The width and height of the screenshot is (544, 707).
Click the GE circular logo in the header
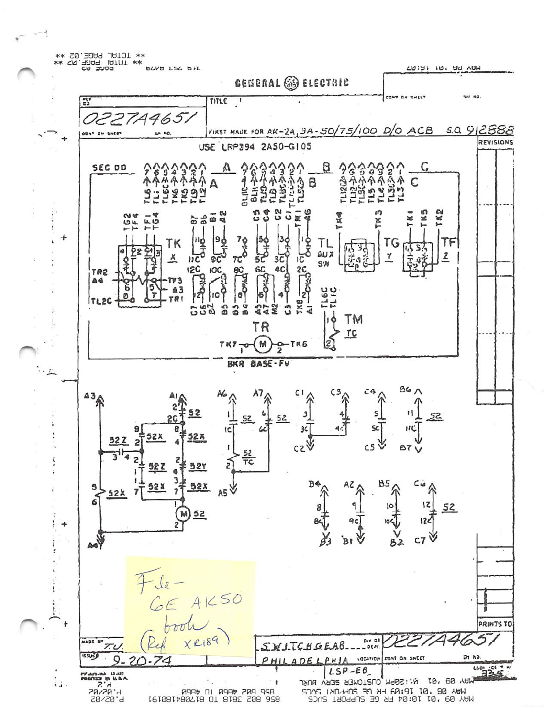point(291,83)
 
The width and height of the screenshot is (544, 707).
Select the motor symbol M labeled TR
point(262,344)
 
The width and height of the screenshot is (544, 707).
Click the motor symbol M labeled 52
point(183,513)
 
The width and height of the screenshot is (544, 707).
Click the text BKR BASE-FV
point(258,364)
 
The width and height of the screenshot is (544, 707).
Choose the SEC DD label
point(109,168)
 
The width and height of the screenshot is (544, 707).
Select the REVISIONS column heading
point(495,142)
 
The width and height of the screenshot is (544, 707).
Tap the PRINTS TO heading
point(495,623)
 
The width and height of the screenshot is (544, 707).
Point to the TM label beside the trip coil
point(353,319)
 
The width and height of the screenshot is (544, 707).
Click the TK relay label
point(173,243)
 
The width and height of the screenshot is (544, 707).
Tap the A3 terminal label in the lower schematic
point(89,396)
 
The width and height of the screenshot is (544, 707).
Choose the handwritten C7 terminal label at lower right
point(420,541)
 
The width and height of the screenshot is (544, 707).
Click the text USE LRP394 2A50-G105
point(255,147)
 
